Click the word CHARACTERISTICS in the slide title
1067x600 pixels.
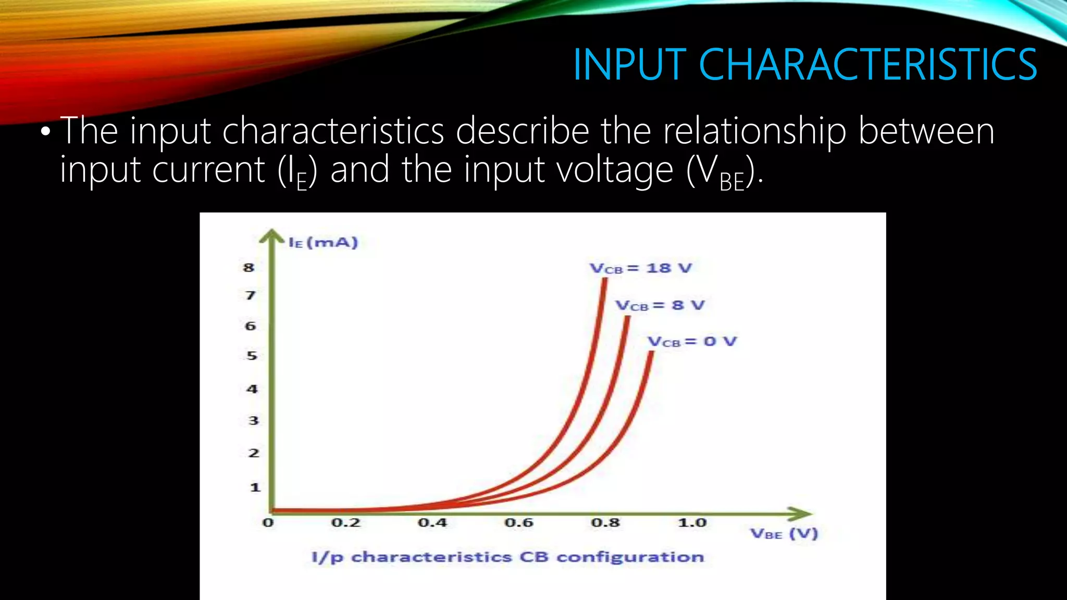tap(867, 65)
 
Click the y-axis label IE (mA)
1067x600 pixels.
tap(324, 243)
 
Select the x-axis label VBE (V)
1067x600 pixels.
tap(784, 534)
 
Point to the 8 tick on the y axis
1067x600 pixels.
tap(249, 268)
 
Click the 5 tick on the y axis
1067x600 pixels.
tap(252, 356)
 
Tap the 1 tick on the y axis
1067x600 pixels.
tap(255, 488)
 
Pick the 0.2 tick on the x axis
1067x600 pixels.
tap(346, 522)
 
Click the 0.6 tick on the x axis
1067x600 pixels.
tap(519, 522)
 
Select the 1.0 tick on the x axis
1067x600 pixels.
tap(692, 522)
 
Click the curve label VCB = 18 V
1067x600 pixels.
tap(640, 269)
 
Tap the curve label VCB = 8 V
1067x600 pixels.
tap(660, 305)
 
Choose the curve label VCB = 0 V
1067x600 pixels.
tap(692, 342)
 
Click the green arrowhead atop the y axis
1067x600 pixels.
tap(271, 237)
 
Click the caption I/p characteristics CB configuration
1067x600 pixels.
tap(507, 557)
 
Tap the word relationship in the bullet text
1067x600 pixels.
tap(754, 131)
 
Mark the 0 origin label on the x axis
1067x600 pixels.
tap(268, 522)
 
